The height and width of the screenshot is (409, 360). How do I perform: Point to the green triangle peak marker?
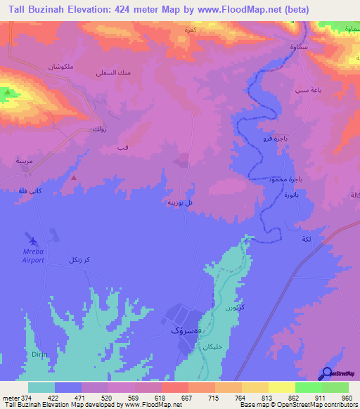pyautogui.click(x=8, y=92)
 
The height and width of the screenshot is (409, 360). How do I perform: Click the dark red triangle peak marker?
pyautogui.click(x=73, y=178)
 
